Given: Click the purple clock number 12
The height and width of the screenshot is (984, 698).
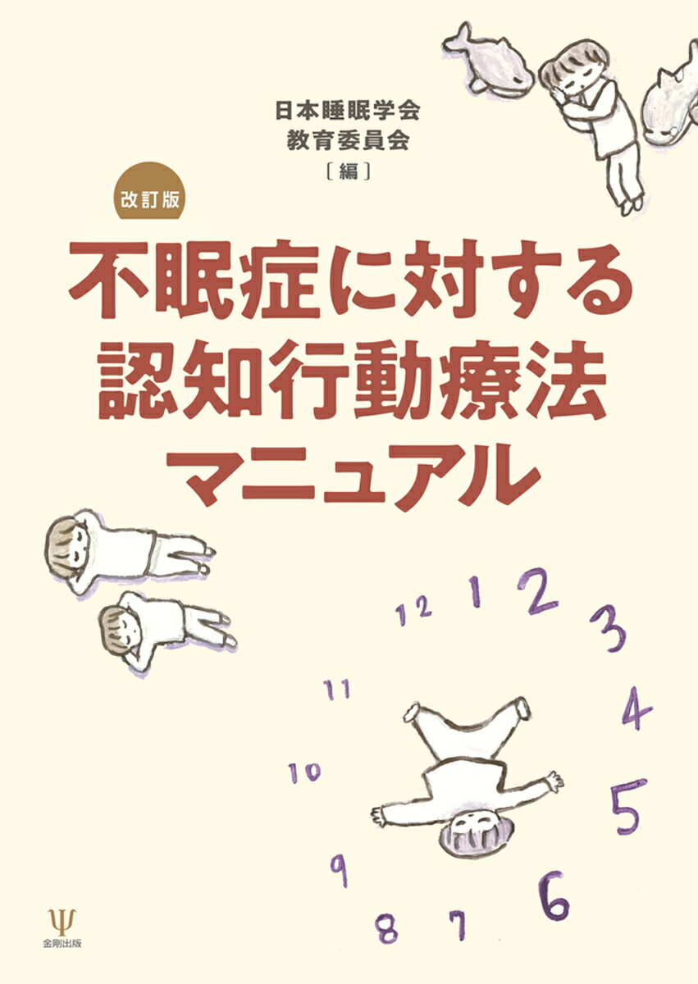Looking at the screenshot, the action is click(413, 611).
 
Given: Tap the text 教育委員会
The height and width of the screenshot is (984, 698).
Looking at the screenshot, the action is click(348, 141).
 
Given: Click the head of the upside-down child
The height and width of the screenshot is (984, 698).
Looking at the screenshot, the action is click(473, 838).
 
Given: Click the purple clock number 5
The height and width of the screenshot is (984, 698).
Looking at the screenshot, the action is click(628, 810).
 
